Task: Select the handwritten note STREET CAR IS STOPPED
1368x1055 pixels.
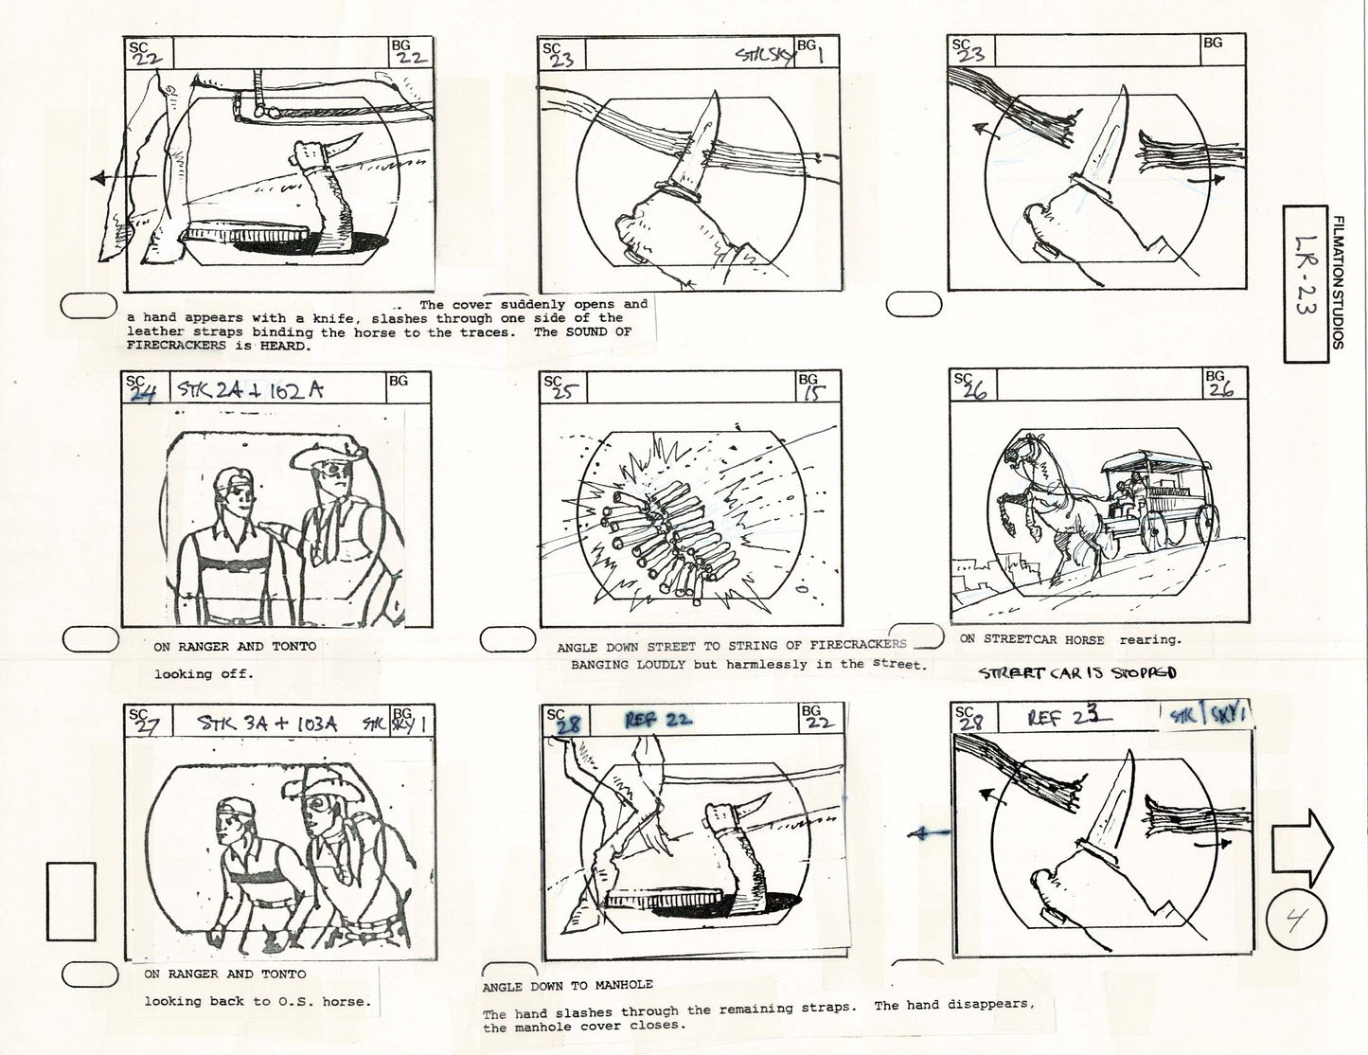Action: click(x=1077, y=672)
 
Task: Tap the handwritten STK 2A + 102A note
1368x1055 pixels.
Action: click(x=250, y=389)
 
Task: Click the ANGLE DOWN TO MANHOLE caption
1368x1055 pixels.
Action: click(x=567, y=985)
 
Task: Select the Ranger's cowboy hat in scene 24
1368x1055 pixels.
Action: click(x=327, y=456)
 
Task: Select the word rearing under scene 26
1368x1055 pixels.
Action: click(x=1150, y=639)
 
